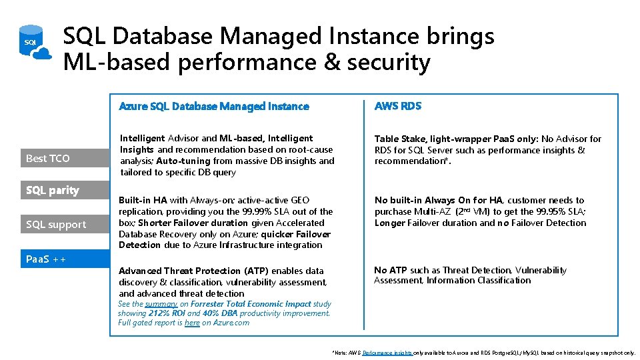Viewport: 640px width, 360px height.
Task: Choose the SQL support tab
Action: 57,225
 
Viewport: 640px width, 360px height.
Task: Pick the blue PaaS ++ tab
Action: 53,259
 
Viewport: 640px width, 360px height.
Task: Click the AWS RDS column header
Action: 398,106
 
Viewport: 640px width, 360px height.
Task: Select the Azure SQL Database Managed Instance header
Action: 213,106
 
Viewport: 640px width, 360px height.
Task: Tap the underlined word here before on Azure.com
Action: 192,323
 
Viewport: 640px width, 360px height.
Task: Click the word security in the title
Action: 389,62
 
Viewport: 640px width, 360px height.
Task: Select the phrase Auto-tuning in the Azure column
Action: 182,161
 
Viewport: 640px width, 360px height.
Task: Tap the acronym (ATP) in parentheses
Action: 257,271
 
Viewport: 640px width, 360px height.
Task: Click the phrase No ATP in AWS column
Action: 390,270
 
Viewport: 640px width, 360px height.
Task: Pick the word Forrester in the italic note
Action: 213,304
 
